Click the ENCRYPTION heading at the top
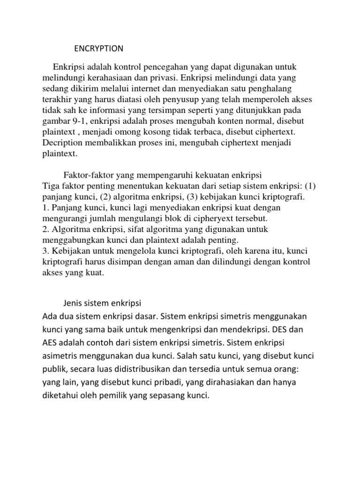tap(98, 48)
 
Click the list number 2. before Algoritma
tap(45, 229)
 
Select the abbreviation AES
tap(51, 343)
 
